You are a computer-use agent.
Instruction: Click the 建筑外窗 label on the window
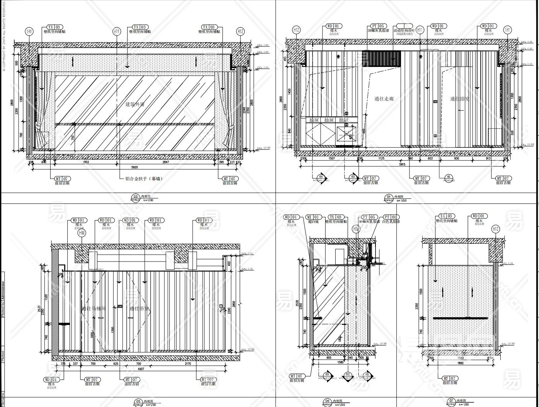click(135, 104)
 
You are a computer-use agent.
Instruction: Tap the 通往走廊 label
click(384, 99)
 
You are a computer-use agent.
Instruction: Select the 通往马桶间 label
click(93, 309)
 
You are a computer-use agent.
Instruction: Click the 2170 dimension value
click(188, 364)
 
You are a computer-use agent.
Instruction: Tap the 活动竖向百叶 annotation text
click(404, 30)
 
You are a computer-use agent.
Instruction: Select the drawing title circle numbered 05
click(138, 402)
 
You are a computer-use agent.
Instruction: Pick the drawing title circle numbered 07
click(451, 401)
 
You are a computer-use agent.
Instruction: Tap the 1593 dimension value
click(458, 358)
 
